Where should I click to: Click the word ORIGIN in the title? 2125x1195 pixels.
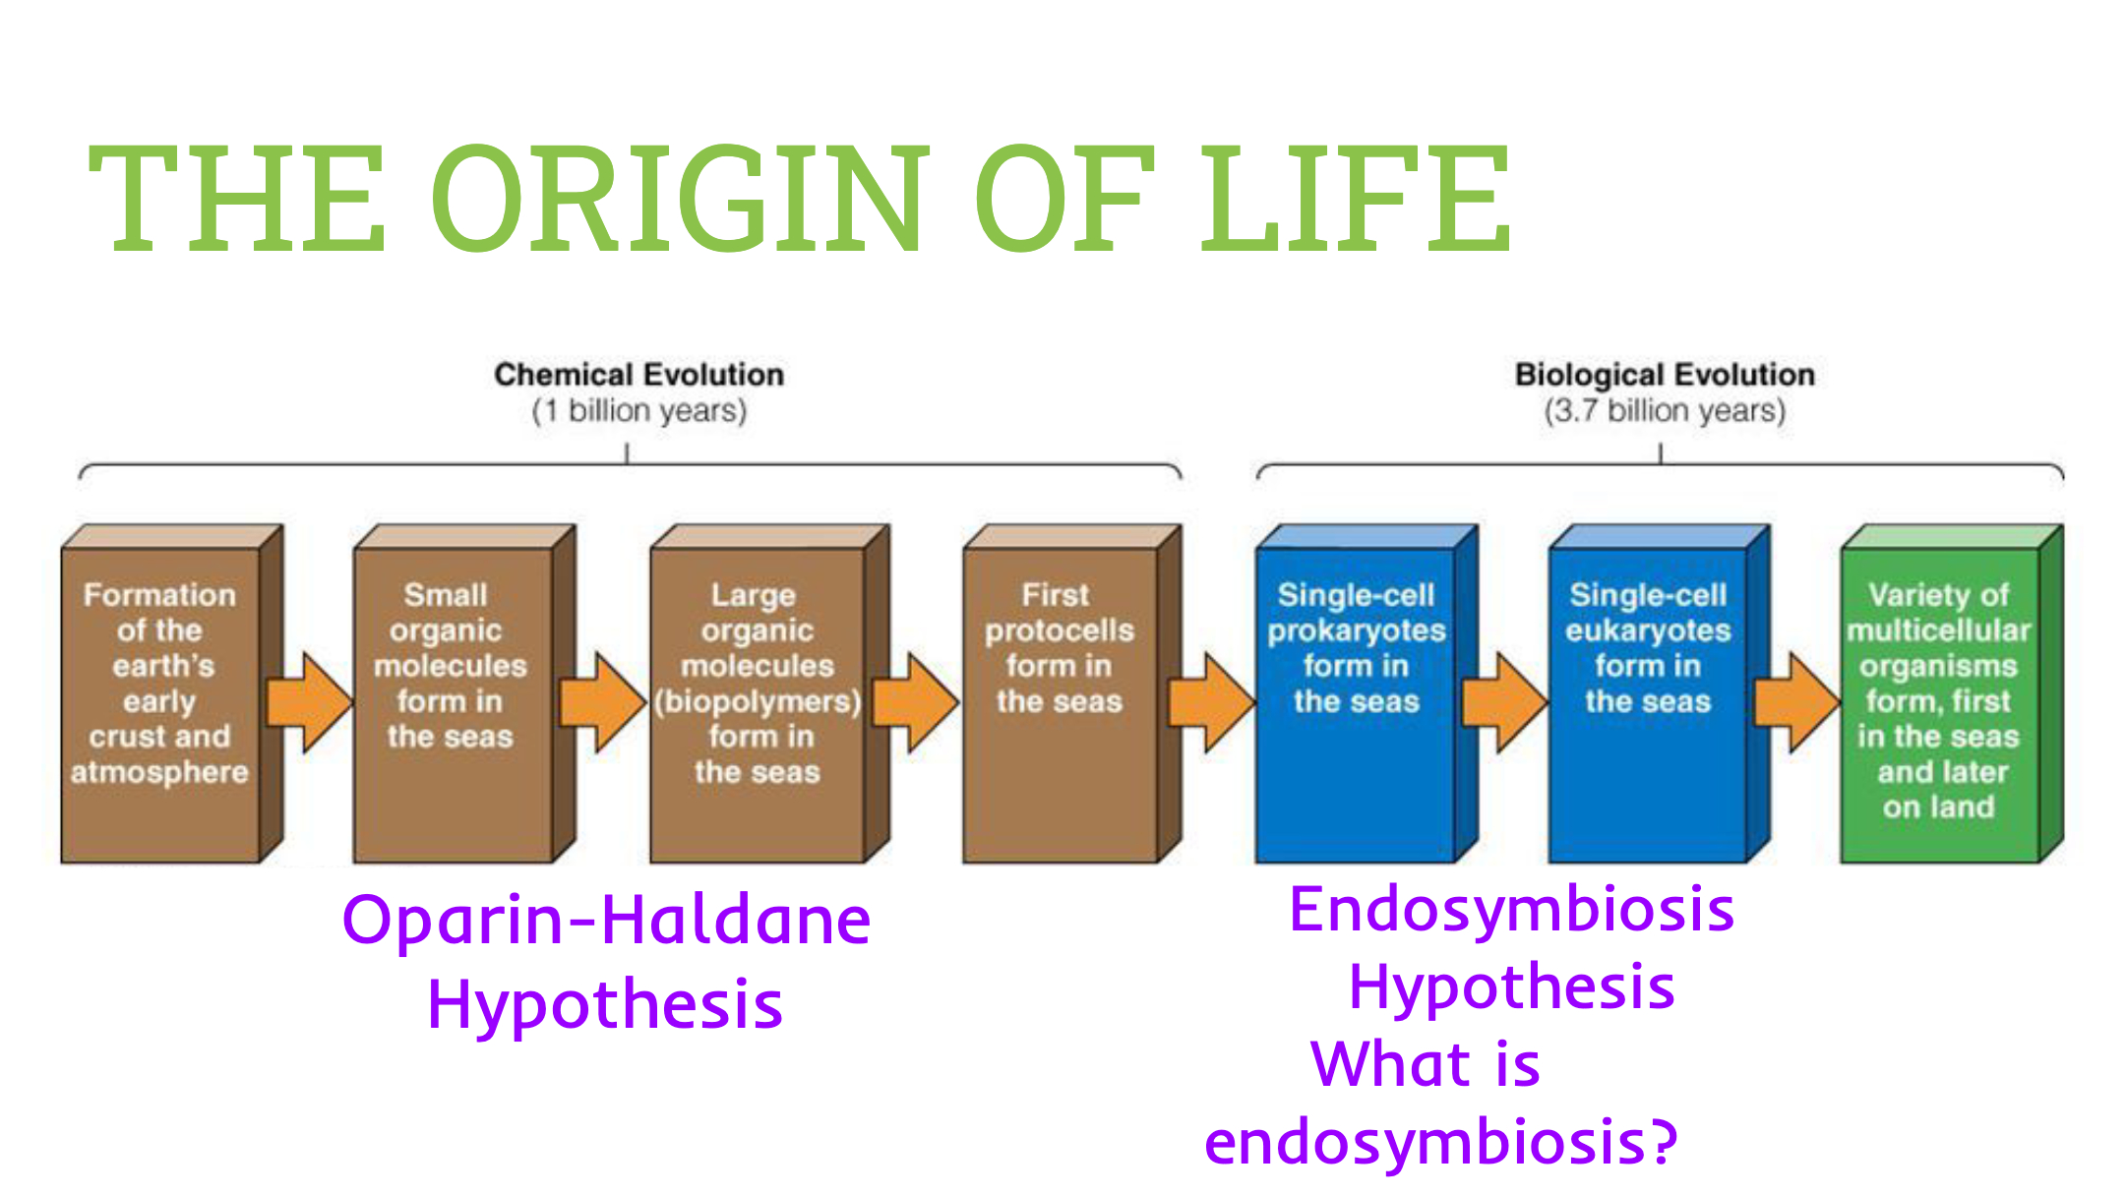(679, 197)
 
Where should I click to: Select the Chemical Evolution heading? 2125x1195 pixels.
(638, 375)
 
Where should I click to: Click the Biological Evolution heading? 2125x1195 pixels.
(1665, 375)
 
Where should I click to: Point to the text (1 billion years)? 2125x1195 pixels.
(638, 411)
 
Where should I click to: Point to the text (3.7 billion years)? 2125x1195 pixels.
(1665, 411)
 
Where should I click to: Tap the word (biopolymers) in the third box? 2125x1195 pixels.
(758, 701)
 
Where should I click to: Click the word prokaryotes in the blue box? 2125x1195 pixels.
(1357, 630)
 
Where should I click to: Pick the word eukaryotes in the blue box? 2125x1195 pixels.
(1648, 630)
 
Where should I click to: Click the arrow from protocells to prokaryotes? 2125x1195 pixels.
(1211, 702)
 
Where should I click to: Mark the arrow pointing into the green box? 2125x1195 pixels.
(1796, 702)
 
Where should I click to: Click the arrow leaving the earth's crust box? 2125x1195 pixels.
(309, 702)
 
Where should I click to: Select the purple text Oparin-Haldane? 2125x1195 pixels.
(606, 922)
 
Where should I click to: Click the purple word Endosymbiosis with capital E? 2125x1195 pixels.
(1511, 910)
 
